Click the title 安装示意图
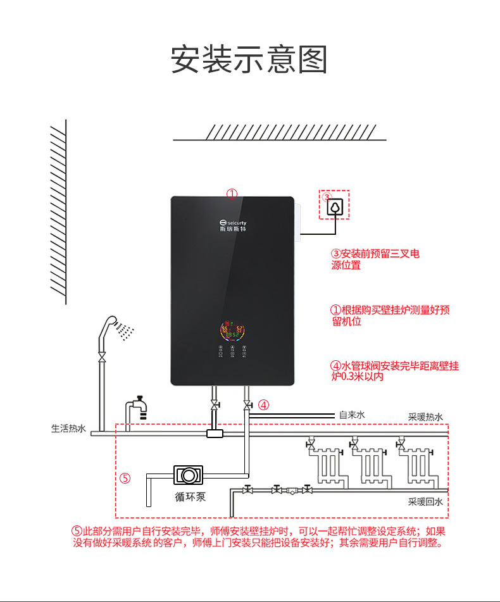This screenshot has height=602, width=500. click(x=249, y=60)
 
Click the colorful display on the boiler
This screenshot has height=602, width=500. click(x=232, y=330)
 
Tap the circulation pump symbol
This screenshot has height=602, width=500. click(x=187, y=474)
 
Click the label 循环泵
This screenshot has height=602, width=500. click(x=190, y=496)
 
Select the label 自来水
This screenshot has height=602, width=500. click(x=352, y=415)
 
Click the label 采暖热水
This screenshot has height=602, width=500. click(x=425, y=417)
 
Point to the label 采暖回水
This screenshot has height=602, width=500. click(x=425, y=501)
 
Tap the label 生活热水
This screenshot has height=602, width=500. click(x=68, y=429)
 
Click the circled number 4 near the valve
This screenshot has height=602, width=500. click(x=264, y=404)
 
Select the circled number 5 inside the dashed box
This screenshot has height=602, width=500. click(x=125, y=478)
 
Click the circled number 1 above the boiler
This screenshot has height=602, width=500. click(x=232, y=194)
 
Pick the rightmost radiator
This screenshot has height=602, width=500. click(x=416, y=465)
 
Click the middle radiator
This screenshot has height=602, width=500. click(x=372, y=465)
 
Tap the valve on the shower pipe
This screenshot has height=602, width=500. click(x=101, y=358)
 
